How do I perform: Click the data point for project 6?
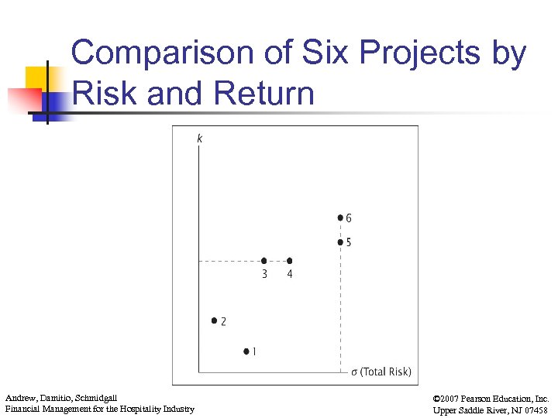[340, 218]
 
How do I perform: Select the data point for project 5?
[340, 242]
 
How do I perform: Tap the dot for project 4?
[290, 261]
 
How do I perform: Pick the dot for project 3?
[264, 261]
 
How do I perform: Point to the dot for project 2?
[214, 320]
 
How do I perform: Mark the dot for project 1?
[246, 351]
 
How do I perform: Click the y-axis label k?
[200, 139]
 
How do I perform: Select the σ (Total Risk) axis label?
[381, 372]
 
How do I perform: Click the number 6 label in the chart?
[349, 219]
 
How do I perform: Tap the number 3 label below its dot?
[264, 274]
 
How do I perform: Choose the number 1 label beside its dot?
[255, 352]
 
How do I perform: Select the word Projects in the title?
[417, 54]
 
